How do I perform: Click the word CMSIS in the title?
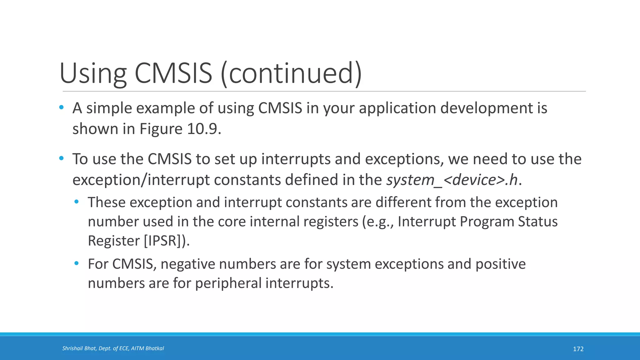pos(173,74)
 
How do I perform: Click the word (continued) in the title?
pos(291,74)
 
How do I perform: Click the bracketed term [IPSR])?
pos(167,241)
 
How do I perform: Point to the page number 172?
pos(578,349)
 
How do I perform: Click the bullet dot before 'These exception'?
pos(77,202)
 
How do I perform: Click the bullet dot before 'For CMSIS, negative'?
pos(77,263)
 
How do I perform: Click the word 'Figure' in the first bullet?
pos(161,129)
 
